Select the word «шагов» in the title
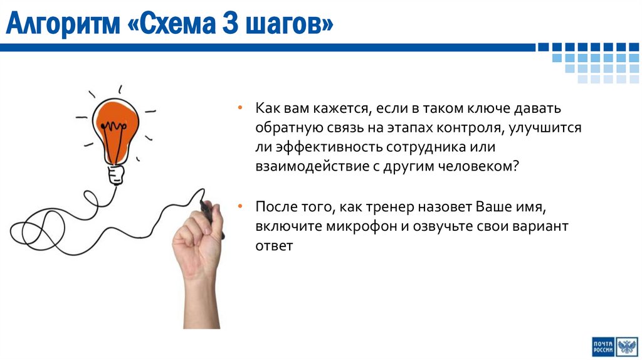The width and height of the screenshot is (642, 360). (289, 26)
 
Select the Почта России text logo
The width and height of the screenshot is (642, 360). (602, 346)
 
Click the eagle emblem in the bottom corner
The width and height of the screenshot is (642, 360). (627, 346)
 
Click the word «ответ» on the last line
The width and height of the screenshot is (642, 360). (274, 246)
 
